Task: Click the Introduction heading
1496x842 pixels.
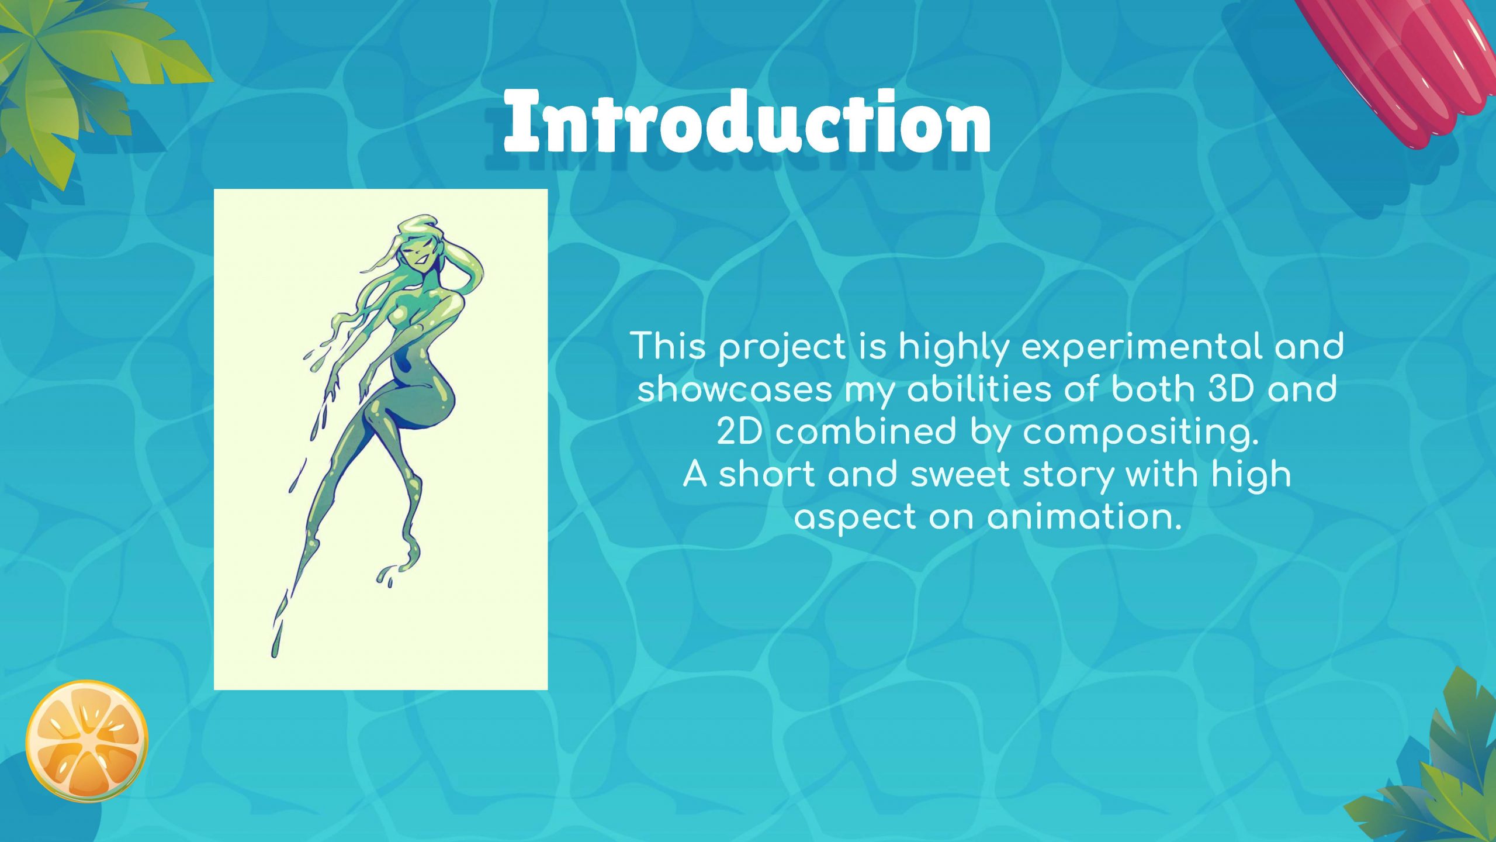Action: point(747,121)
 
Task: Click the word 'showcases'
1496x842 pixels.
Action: point(735,389)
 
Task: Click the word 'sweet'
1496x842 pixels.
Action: point(961,474)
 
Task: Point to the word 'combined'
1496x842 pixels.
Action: point(866,432)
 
